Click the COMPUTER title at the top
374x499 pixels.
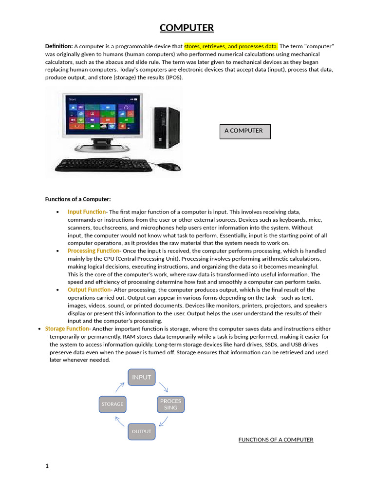coord(187,28)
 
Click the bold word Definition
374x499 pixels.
coord(59,46)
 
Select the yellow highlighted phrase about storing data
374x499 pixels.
coord(231,46)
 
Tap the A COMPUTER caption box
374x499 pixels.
coord(245,131)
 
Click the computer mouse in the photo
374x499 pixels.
coord(170,167)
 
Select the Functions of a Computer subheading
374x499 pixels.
coord(78,199)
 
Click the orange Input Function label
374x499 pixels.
coord(86,212)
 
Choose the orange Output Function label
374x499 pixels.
coord(88,290)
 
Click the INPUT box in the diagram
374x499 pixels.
coord(142,377)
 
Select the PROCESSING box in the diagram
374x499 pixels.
coord(170,404)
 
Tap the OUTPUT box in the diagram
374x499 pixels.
coord(142,432)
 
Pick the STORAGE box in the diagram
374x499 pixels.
coord(112,404)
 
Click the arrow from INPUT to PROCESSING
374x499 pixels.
coord(163,387)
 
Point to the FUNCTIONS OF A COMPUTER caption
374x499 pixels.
coord(276,440)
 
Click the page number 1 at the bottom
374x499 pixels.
coord(47,466)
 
